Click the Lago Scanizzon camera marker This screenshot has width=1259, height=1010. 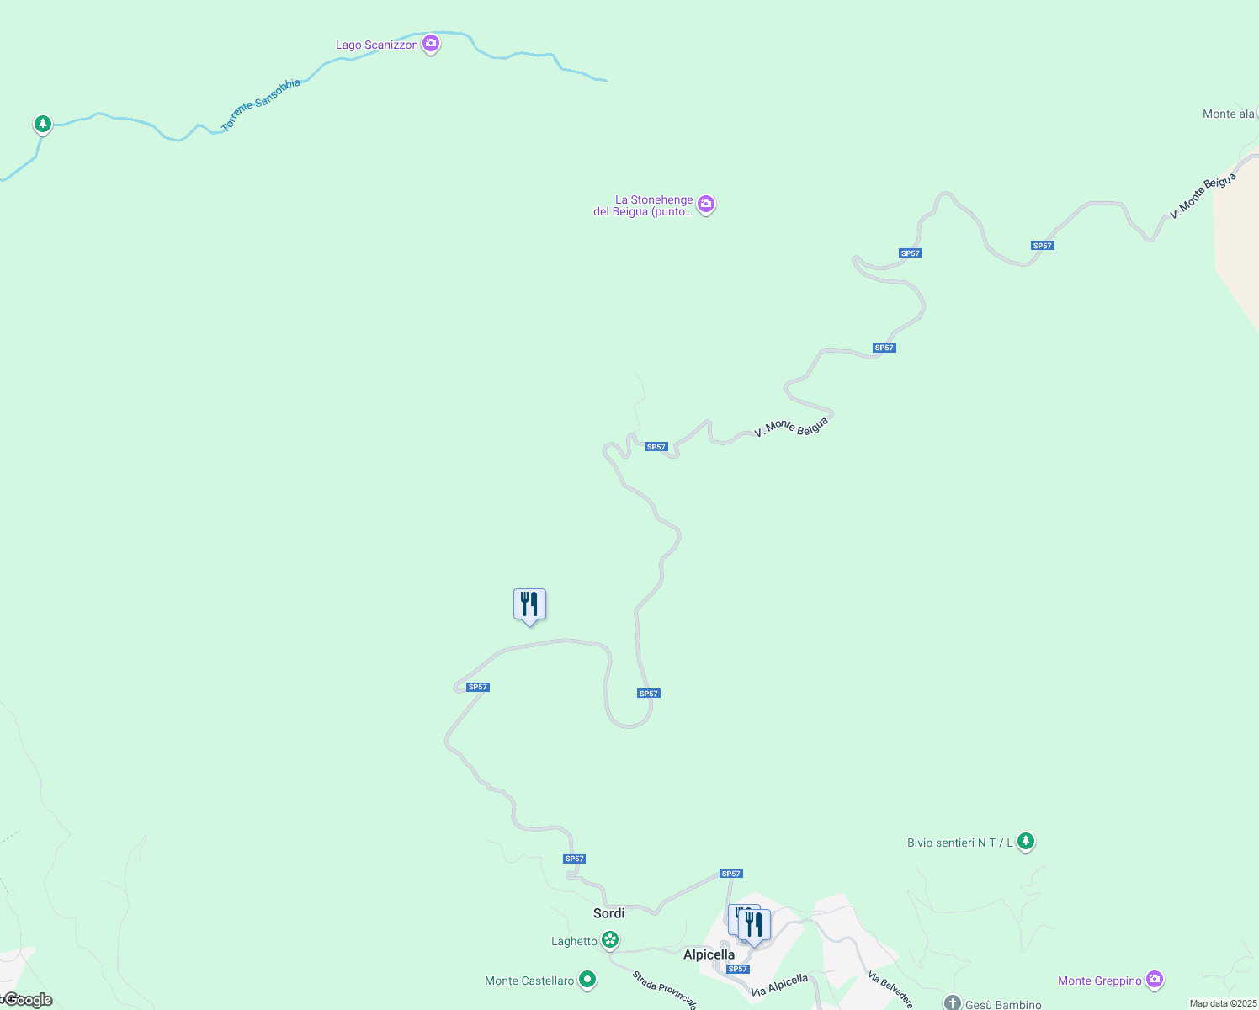(431, 43)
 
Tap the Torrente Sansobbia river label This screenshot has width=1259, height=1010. (260, 105)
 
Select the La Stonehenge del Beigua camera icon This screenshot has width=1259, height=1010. (706, 204)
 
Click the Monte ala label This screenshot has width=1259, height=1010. (1229, 114)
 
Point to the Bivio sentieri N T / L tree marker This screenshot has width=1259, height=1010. (1025, 841)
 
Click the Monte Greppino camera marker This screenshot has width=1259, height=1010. (1155, 979)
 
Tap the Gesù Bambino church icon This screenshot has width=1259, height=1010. (952, 1003)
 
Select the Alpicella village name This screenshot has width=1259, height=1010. (709, 954)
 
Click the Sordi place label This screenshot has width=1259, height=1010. (609, 913)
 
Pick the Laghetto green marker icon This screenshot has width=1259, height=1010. (610, 940)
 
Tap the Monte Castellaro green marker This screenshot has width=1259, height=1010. (587, 980)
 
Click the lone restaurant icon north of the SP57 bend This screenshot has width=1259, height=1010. (529, 604)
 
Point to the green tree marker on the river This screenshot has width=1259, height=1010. (43, 124)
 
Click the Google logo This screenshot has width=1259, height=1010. (29, 1000)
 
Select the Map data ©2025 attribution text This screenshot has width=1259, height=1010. (1223, 1003)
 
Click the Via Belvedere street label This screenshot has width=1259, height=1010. (890, 990)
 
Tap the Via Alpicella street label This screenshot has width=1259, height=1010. (779, 986)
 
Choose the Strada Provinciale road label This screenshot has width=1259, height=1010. (665, 990)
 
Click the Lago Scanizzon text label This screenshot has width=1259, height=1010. (377, 45)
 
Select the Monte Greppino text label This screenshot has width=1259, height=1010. (1099, 981)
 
